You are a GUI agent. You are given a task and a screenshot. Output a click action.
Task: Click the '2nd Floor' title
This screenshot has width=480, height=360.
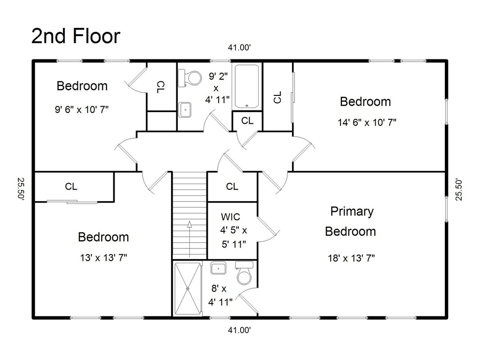pos(76,36)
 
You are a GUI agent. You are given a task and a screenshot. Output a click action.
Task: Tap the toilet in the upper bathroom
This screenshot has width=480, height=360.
pos(190,78)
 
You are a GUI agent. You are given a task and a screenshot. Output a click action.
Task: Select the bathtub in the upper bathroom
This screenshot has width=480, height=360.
pos(247,87)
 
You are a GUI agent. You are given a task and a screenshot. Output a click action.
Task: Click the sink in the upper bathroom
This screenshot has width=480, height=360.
pos(185,110)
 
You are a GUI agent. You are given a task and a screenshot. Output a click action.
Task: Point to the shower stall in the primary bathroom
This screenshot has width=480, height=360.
pos(188,288)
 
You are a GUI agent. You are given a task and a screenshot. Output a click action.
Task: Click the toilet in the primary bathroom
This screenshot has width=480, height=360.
pos(244,273)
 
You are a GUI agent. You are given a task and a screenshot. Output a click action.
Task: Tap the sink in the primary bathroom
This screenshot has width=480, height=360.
pos(218,268)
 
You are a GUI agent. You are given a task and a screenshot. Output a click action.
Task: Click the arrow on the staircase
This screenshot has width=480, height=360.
pos(189,239)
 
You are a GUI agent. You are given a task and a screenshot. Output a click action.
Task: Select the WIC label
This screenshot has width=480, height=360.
pos(230,217)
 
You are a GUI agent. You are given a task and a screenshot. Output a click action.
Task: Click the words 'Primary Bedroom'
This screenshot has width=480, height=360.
pos(351,221)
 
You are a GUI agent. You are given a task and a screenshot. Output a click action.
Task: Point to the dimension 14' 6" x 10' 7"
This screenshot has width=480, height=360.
pos(367,122)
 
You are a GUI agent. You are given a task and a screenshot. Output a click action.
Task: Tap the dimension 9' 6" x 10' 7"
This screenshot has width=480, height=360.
pos(82,109)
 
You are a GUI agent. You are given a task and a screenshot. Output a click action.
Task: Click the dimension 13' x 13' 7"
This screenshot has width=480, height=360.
pos(103,258)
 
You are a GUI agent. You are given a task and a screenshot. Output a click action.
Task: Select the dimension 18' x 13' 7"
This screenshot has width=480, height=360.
pos(351,258)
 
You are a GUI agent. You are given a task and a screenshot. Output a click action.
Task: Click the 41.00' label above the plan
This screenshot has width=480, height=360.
pos(239,47)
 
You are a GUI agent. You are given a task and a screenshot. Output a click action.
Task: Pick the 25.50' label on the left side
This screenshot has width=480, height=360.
pos(21,189)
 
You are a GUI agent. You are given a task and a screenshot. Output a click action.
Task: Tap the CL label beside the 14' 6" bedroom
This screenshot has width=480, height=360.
pos(278,97)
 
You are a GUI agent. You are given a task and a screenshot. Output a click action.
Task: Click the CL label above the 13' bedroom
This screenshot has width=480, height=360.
pos(71,186)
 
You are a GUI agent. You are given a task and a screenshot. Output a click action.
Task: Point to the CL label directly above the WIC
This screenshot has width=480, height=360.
pos(232,186)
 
